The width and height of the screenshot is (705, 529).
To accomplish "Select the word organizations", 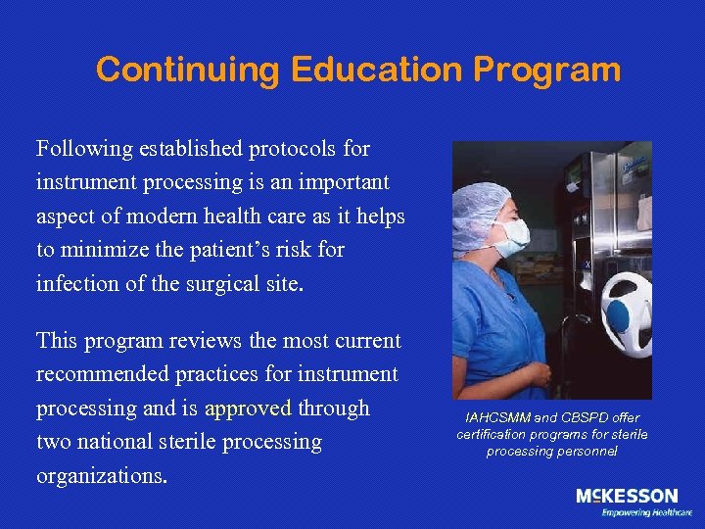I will [102, 475].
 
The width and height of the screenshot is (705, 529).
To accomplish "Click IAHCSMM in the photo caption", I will [493, 418].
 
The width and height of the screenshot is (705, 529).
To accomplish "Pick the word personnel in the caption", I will [585, 451].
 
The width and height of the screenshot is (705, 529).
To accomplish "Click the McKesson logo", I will [627, 497].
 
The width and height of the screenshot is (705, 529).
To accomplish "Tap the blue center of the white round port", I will [621, 315].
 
